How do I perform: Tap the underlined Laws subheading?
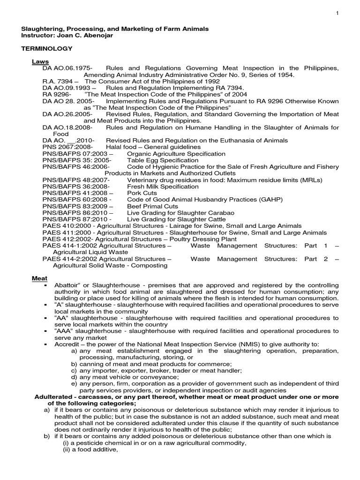coord(40,61)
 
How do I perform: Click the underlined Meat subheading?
coord(40,278)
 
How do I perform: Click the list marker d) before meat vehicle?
coord(74,377)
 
